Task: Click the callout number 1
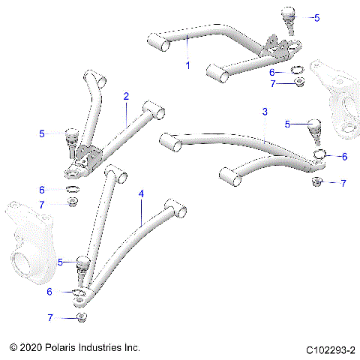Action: coord(187,65)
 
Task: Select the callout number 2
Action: coord(126,96)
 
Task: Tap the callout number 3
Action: coord(264,112)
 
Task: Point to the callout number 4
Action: coord(140,193)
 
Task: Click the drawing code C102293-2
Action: coord(330,349)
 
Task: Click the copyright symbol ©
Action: coord(13,349)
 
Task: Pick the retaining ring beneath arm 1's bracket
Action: coord(297,71)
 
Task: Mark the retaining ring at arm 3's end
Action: coord(319,156)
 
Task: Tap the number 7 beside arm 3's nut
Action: coord(343,183)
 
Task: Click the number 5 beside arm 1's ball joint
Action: coord(316,16)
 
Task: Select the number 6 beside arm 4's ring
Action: coord(50,291)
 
